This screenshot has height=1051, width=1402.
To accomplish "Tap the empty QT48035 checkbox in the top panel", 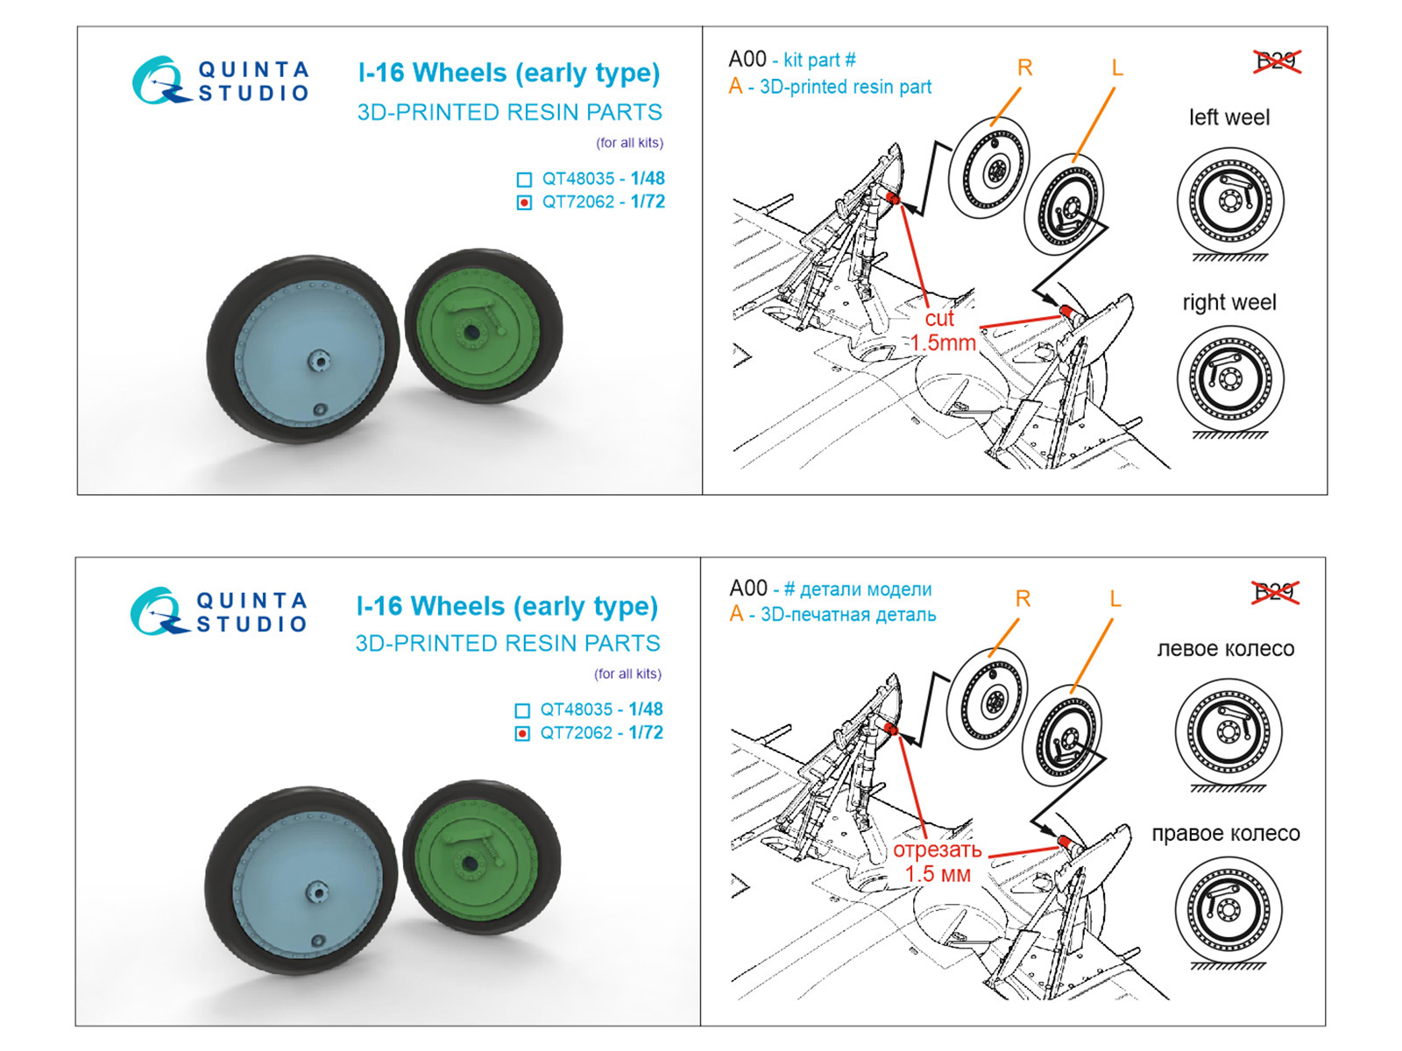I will (524, 180).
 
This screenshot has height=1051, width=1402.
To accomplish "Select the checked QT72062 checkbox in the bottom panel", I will (522, 734).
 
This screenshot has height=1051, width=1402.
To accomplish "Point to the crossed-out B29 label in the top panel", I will (1276, 61).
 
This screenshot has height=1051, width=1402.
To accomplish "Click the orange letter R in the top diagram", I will (1024, 67).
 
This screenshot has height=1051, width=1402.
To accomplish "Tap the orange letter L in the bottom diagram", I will (1115, 599).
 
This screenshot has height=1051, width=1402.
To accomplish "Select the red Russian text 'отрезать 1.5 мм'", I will (937, 862).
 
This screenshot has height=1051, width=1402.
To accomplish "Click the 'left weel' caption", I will (1229, 117).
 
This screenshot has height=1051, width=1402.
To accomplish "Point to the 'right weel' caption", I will (1229, 302).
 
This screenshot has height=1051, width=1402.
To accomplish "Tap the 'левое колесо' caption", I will (1225, 649).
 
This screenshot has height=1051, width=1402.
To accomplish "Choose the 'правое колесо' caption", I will (1225, 834).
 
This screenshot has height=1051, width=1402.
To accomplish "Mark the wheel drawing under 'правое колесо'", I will (1228, 910).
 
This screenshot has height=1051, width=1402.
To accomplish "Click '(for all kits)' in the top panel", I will (629, 143).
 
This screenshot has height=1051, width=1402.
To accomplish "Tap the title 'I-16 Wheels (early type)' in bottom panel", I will (506, 606).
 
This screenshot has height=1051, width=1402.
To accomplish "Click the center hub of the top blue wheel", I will (317, 360).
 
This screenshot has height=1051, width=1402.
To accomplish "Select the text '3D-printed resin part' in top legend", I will (845, 87).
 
